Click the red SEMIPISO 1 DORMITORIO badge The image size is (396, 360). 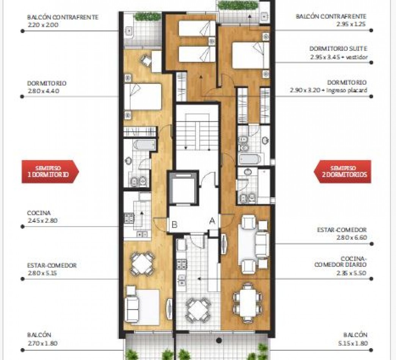tap(50, 172)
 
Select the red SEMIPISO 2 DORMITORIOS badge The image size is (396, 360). tap(343, 172)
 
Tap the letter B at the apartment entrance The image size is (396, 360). tap(174, 224)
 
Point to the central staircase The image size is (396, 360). tap(197, 132)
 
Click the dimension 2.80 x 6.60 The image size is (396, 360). tap(352, 238)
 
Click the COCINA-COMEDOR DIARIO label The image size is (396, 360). tap(340, 261)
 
